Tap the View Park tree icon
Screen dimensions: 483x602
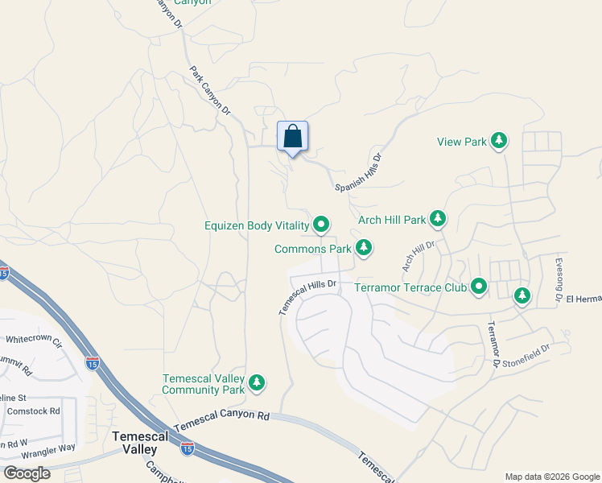coord(499,142)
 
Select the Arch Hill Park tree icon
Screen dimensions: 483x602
coord(438,218)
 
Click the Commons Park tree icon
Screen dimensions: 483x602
coord(364,247)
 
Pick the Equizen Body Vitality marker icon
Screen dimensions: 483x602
coord(322,225)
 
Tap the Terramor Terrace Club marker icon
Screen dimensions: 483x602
coord(480,286)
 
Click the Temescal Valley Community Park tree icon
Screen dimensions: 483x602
coord(257,382)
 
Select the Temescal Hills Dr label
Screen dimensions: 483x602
coord(307,295)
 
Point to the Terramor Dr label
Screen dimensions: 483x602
coord(492,344)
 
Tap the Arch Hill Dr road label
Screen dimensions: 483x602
coord(419,255)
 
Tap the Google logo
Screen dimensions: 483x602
coord(27,473)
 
